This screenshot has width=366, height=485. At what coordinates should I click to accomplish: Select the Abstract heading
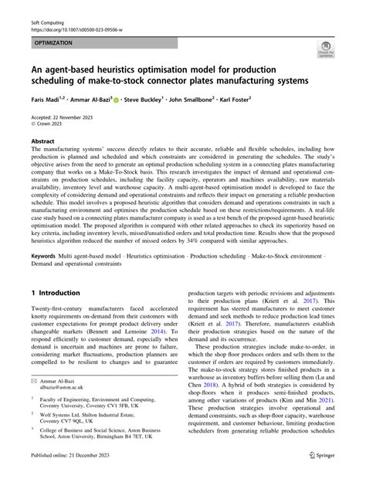point(42,142)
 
